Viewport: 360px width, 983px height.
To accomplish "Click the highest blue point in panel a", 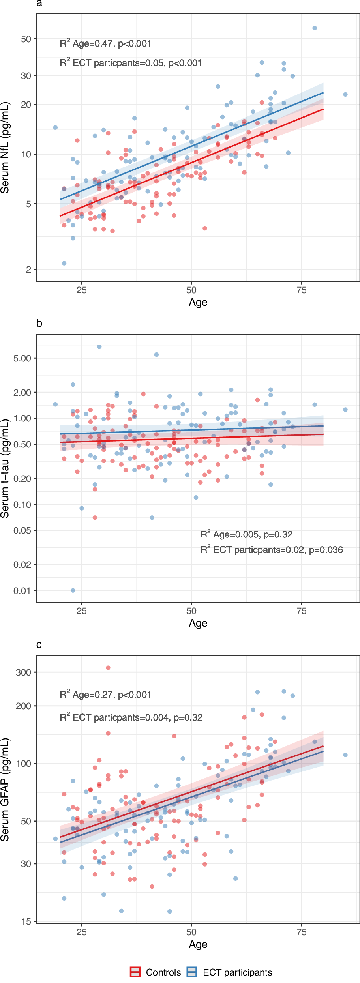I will pos(315,28).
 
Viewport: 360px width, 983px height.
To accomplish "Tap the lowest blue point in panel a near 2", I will pos(64,263).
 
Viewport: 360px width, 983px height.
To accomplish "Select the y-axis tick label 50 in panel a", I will pos(26,39).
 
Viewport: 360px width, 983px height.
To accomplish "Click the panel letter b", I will pos(39,323).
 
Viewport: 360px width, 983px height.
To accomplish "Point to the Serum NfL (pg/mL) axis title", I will pos(5,148).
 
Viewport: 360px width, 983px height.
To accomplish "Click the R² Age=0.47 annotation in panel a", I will pos(105,43).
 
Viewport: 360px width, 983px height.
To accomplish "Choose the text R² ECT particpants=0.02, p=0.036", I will pos(272,550).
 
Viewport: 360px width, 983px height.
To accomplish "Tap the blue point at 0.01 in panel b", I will pos(73,590).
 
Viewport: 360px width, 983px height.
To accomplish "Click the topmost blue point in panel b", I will pos(99,347).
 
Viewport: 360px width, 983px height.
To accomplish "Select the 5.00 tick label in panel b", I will pos(22,358).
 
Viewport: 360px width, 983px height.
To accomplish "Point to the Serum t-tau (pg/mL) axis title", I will pos(5,469).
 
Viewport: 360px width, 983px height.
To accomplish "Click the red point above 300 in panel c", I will pos(108,668).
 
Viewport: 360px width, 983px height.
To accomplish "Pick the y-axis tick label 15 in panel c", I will pos(26,921).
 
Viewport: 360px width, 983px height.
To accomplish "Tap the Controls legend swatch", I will pos(135,972).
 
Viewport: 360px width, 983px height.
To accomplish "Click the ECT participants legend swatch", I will pos(192,972).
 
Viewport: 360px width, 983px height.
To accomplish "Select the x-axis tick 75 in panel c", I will pos(301,932).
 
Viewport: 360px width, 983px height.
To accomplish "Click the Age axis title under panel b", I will pos(198,623).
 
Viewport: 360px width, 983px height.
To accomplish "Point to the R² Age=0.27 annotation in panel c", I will pos(105,695).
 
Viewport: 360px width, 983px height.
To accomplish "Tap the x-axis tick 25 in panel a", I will pos(82,290).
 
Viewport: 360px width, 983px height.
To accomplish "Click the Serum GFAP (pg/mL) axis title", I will pos(5,789).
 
